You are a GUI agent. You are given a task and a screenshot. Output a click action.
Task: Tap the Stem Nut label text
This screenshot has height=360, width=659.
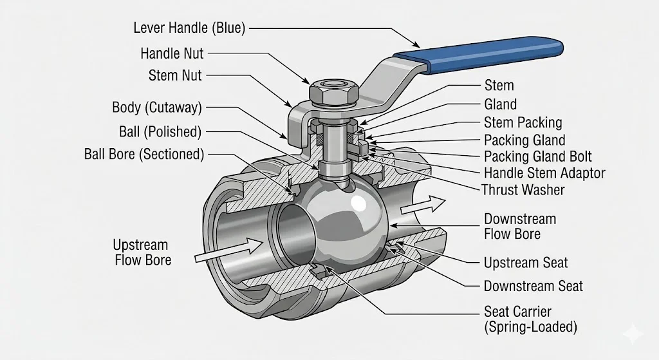(x=175, y=75)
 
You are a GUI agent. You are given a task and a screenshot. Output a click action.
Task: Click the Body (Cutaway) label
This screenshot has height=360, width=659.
(x=156, y=107)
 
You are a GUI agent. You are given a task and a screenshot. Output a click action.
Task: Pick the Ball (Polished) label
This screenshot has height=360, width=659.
(x=160, y=132)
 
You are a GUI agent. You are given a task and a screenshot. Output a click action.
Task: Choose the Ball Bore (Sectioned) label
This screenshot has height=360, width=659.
(x=144, y=154)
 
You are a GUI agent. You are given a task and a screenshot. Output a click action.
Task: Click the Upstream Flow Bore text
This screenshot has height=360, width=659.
(x=141, y=252)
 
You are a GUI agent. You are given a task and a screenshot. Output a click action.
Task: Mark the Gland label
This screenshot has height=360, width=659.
(x=500, y=104)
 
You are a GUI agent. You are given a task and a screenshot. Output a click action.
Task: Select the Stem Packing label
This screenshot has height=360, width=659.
(x=523, y=122)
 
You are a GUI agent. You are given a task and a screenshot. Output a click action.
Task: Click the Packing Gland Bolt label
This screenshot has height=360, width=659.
(x=537, y=156)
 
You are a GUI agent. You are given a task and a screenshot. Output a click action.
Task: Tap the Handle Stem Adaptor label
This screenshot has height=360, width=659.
(x=544, y=173)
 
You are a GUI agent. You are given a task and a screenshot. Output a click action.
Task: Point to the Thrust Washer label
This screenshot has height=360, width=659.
(x=523, y=190)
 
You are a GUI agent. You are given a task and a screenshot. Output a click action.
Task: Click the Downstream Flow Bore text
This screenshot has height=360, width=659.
(x=520, y=226)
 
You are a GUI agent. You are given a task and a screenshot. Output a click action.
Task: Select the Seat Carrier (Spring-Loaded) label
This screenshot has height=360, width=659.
(x=530, y=319)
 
